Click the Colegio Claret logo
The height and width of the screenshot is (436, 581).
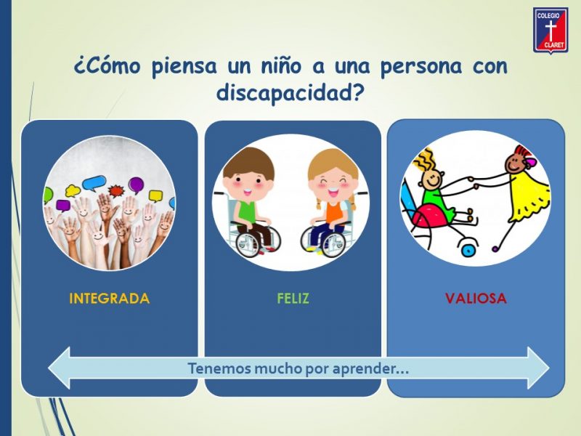pos(550,31)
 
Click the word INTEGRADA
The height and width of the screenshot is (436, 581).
pos(110,299)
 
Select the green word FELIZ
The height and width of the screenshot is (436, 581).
pos(293,299)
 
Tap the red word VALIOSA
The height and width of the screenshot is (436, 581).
pos(476,299)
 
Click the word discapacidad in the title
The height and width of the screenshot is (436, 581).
pos(289,93)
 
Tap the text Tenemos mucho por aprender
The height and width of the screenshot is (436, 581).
pos(298,369)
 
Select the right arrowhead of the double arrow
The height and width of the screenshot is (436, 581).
pos(538,368)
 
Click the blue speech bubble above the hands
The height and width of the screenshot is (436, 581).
pos(94,183)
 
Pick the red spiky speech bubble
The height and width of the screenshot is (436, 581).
pos(116,190)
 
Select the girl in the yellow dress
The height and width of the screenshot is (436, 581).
pos(524,193)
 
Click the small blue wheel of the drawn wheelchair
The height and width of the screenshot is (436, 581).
pos(468,250)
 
